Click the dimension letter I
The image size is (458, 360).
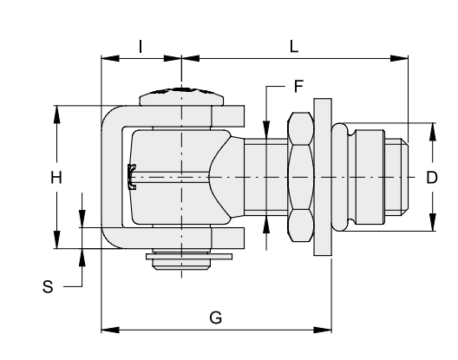141,47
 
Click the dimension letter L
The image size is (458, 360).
294,47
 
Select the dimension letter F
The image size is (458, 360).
298,87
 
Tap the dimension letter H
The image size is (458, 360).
56,177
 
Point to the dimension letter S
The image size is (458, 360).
48,286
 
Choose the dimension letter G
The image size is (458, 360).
216,317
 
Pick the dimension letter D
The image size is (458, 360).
432,177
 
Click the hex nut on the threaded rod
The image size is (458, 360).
301,177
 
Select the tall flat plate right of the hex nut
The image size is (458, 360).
323,177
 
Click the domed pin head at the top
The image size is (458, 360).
181,96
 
